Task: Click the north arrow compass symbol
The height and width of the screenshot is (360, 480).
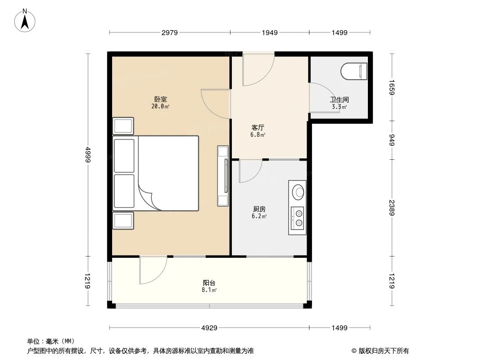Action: tap(26, 20)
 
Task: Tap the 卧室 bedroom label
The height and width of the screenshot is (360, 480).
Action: tap(160, 99)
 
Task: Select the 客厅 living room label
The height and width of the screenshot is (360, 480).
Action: tap(258, 127)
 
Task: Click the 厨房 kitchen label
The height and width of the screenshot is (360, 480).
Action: tap(259, 209)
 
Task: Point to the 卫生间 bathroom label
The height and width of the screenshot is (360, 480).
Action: tap(339, 99)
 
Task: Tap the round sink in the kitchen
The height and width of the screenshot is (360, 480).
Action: tap(298, 192)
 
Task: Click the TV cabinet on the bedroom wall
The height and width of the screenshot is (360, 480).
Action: tap(223, 175)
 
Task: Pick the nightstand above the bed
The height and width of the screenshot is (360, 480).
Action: tap(123, 126)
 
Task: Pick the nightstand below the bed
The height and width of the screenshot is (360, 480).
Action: tap(123, 220)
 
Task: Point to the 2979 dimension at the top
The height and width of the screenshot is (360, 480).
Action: tap(170, 32)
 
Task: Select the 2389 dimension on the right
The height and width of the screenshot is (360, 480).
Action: tap(392, 208)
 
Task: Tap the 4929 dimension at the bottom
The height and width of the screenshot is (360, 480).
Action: tap(209, 328)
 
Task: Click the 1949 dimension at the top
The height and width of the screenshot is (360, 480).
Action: tap(269, 32)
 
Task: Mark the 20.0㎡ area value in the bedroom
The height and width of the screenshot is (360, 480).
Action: tap(160, 107)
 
